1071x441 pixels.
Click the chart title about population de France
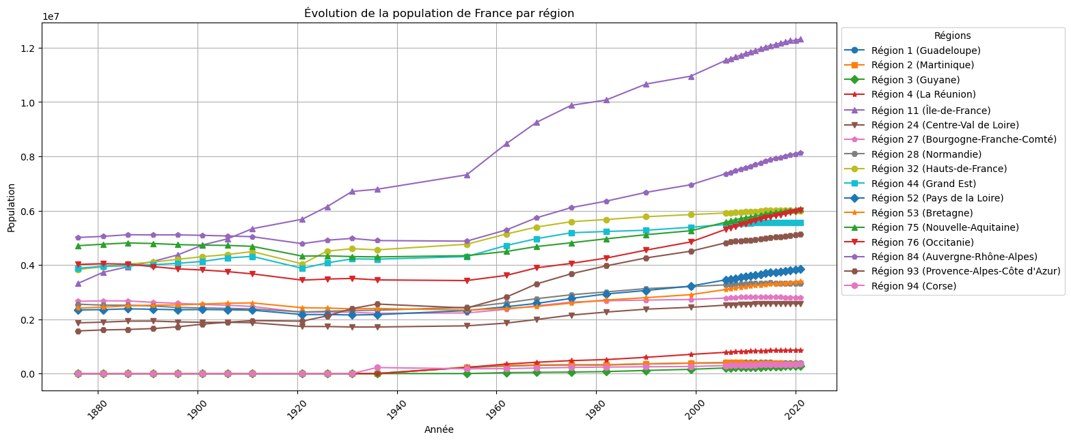(439, 14)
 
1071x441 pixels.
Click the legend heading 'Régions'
(952, 35)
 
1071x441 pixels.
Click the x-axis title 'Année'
(439, 429)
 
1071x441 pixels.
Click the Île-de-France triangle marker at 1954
(467, 175)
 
